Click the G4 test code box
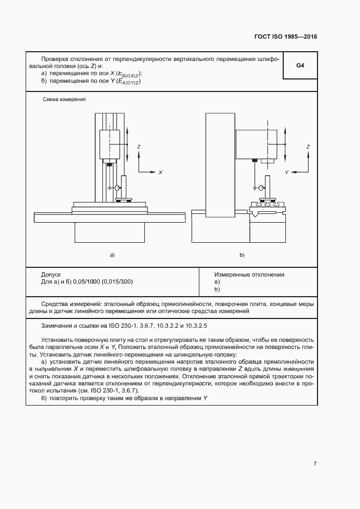(x=300, y=66)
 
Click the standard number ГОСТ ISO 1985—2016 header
(x=286, y=37)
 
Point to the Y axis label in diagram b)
(x=286, y=172)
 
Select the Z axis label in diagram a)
(x=139, y=147)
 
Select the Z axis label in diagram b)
(x=308, y=147)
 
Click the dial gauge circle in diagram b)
(x=262, y=187)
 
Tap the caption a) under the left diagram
(x=112, y=255)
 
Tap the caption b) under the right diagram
(x=242, y=255)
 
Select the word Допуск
(x=51, y=275)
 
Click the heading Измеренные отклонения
(x=249, y=275)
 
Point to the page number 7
(x=315, y=463)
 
